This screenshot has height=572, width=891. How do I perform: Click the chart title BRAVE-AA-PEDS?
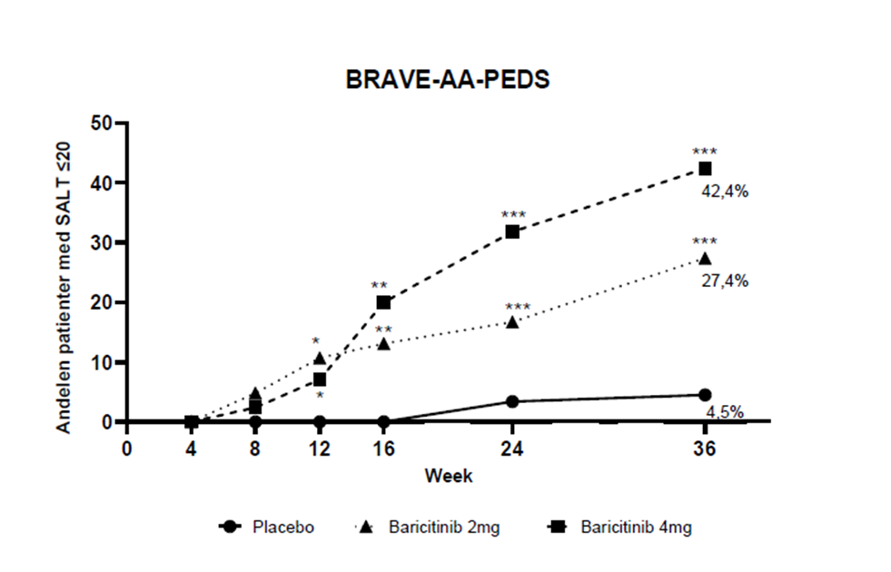click(x=448, y=80)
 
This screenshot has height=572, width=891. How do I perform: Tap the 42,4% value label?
click(x=724, y=192)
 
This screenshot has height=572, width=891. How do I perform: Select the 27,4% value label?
click(x=724, y=281)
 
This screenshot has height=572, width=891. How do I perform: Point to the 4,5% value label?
click(x=725, y=412)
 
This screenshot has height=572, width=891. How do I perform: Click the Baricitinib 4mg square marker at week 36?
click(x=705, y=169)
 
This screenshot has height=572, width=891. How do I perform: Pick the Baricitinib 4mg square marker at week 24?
click(x=512, y=232)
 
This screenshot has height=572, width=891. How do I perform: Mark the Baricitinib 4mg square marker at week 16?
click(x=383, y=302)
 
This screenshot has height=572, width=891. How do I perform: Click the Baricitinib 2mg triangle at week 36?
click(x=705, y=258)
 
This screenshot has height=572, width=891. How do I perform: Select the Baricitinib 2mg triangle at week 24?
click(x=512, y=321)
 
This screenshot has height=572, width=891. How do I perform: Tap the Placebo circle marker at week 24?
click(x=512, y=401)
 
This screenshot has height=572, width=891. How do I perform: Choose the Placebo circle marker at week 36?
click(x=705, y=395)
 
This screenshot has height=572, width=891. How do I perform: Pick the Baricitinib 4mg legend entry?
click(x=626, y=527)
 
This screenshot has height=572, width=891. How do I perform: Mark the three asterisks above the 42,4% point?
click(x=705, y=152)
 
